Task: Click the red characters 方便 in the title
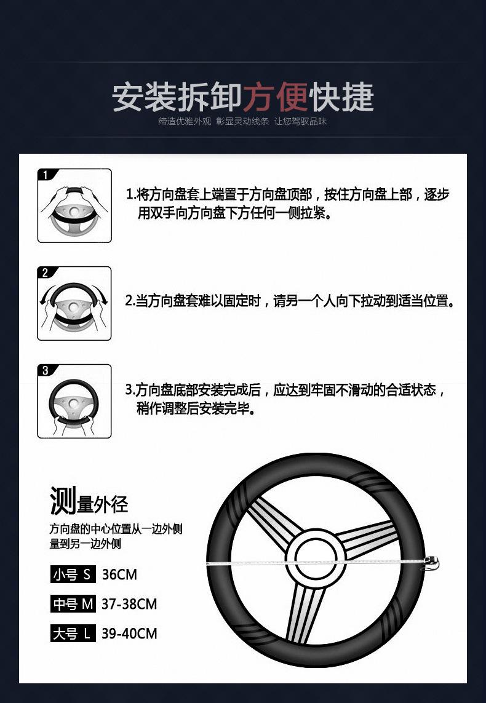click(276, 97)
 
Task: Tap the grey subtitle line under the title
click(242, 122)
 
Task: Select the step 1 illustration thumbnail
click(74, 205)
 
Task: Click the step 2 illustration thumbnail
click(74, 303)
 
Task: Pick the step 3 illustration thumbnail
click(74, 401)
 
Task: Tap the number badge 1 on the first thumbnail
click(45, 175)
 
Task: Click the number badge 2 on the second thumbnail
click(45, 273)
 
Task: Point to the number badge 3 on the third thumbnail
click(45, 371)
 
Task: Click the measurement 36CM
click(119, 574)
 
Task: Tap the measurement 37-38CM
click(129, 604)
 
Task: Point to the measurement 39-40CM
click(129, 633)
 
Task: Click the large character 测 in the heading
click(63, 501)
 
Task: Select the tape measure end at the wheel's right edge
click(431, 563)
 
